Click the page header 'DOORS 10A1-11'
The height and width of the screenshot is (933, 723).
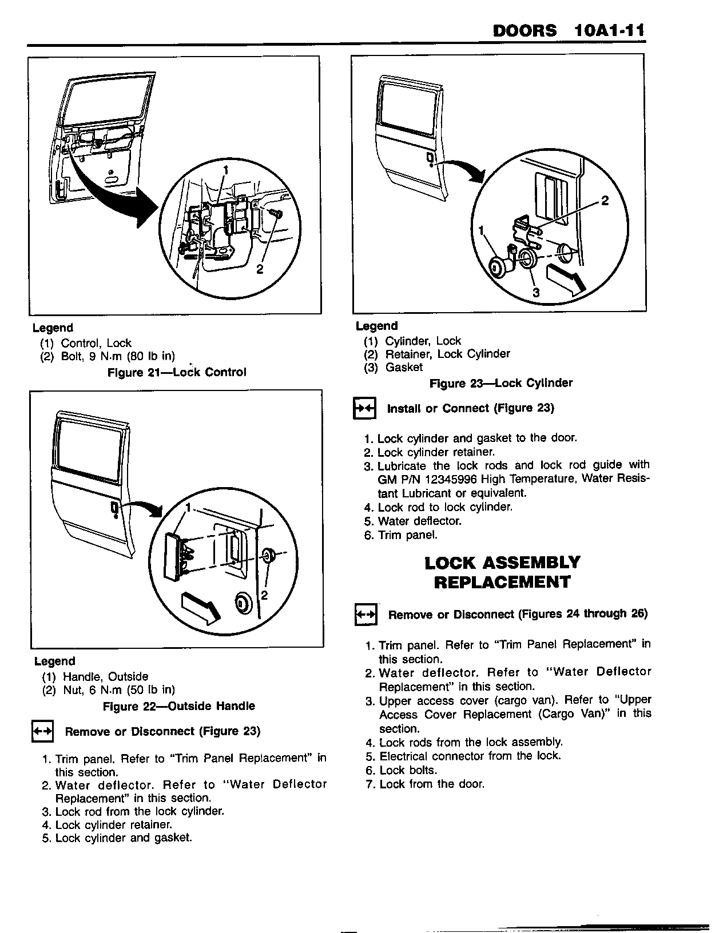point(568,30)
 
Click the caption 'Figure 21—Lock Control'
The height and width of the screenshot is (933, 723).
point(177,372)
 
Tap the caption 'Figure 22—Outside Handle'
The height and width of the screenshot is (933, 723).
point(178,706)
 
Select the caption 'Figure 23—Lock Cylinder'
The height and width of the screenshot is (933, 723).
point(500,383)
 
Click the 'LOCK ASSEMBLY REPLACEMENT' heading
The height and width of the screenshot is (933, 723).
point(502,572)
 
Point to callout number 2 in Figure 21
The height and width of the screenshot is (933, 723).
point(259,270)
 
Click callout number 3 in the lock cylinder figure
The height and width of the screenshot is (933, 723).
point(536,292)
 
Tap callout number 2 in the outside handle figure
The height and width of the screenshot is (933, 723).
point(264,595)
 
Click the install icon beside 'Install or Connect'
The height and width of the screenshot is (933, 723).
point(364,409)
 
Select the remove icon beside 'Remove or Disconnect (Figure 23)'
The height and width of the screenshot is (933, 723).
point(42,732)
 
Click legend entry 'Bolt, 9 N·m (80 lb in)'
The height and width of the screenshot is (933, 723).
point(108,356)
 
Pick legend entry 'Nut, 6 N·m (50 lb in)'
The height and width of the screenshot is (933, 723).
point(109,690)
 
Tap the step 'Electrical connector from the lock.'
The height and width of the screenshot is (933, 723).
point(470,756)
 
